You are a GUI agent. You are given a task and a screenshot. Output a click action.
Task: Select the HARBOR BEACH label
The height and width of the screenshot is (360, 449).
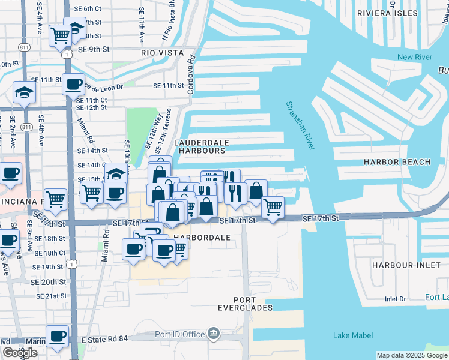pyautogui.click(x=397, y=162)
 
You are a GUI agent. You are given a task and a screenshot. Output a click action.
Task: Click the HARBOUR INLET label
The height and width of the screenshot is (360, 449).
pyautogui.click(x=401, y=265)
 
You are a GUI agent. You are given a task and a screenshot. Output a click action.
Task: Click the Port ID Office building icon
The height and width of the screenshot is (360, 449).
pyautogui.click(x=214, y=334)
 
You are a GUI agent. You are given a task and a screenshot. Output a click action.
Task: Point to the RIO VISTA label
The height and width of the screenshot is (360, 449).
pyautogui.click(x=161, y=53)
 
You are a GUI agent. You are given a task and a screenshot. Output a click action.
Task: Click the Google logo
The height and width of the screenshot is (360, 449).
pyautogui.click(x=20, y=353)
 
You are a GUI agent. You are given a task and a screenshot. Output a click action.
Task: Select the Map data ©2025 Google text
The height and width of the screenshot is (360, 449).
pyautogui.click(x=411, y=355)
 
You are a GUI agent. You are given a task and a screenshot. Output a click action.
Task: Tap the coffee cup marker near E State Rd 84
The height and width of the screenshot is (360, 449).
pyautogui.click(x=58, y=336)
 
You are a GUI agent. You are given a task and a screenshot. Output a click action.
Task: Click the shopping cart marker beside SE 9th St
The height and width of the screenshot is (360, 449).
pyautogui.click(x=61, y=36)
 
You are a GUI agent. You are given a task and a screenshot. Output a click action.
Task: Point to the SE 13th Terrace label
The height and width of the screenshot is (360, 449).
pyautogui.click(x=169, y=128)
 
